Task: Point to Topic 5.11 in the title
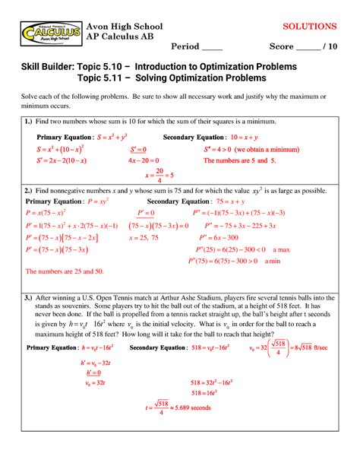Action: [105, 79]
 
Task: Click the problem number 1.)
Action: [28, 122]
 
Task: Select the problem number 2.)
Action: [28, 190]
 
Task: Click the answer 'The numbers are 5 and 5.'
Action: [241, 162]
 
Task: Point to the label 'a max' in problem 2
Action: [282, 249]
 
